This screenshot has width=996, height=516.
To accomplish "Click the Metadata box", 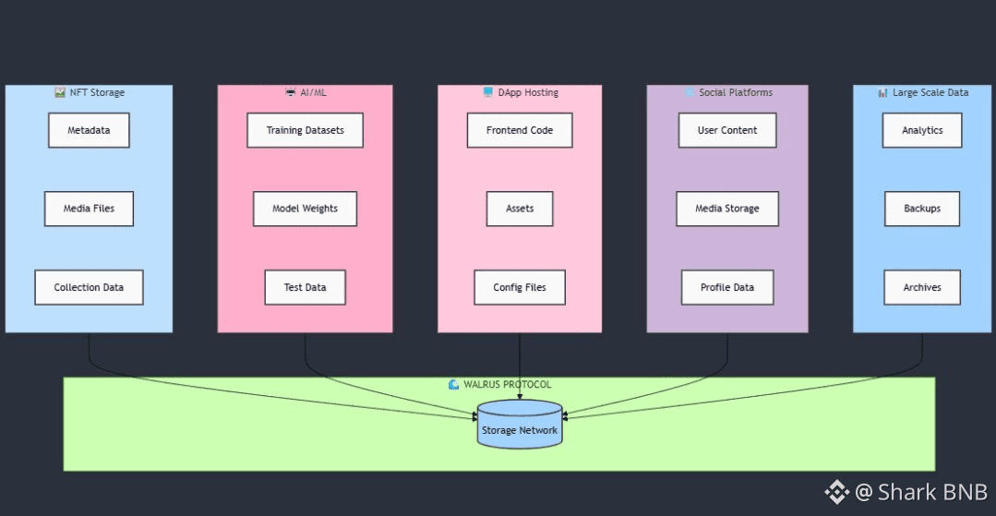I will tap(89, 130).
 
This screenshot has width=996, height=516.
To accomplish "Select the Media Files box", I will tap(89, 209).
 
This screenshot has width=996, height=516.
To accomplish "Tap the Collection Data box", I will tap(89, 287).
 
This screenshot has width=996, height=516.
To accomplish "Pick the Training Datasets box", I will tap(305, 130).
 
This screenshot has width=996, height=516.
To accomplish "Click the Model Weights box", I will tap(305, 209).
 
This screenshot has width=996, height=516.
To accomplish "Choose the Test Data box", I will tap(305, 287).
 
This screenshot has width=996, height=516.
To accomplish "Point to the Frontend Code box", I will tap(520, 130).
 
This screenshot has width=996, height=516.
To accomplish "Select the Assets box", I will tap(520, 209).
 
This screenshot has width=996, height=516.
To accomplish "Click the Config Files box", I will tap(520, 287).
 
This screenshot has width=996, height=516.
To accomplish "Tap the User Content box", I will tap(727, 130).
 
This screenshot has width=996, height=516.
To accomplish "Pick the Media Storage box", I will tap(727, 209).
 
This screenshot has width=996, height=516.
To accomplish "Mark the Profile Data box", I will tap(727, 287).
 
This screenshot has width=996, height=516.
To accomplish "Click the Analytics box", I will tap(922, 130).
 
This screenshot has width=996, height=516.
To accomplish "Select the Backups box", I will tap(922, 209).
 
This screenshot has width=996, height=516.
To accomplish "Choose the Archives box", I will tap(922, 287).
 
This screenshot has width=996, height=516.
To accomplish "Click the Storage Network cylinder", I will tap(520, 426).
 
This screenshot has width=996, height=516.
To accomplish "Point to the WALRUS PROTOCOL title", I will tap(507, 384).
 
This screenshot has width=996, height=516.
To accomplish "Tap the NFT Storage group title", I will tap(96, 92).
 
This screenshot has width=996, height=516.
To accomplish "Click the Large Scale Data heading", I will tap(930, 92).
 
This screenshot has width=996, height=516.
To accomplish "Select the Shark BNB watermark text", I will tap(931, 492).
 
